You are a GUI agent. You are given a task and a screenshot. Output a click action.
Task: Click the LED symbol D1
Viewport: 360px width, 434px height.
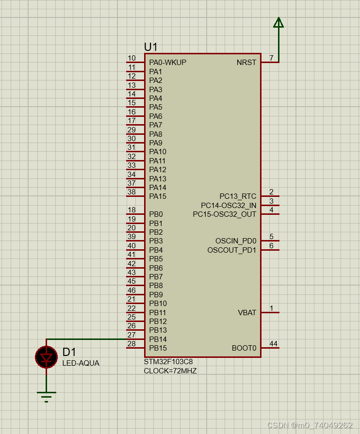(47, 357)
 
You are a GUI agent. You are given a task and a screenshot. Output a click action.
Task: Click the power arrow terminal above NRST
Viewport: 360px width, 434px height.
(278, 23)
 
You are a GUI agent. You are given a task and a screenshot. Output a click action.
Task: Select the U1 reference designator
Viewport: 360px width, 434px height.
(151, 47)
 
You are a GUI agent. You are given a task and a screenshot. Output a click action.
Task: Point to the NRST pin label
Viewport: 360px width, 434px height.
(246, 63)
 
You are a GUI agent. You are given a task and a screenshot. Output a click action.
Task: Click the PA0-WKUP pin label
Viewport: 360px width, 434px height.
(167, 63)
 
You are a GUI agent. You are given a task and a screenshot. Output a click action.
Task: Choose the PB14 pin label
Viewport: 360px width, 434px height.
(158, 339)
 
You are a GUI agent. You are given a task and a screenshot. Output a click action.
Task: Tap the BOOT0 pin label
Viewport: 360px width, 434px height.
(244, 348)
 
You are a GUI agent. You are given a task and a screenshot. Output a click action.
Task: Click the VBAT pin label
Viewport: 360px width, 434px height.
(247, 313)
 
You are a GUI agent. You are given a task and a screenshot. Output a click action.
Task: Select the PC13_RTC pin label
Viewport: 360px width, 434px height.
(238, 196)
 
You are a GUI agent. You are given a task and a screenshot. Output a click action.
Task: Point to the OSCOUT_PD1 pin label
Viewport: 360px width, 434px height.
(232, 250)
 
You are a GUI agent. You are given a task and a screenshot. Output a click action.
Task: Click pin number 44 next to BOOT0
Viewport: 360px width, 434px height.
(274, 344)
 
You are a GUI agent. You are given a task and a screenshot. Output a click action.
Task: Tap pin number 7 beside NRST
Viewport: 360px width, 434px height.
(272, 58)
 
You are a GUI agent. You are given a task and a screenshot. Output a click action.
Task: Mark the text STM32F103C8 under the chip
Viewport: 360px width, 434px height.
(168, 362)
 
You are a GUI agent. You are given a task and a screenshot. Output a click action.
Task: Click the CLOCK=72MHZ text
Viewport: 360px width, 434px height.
(170, 371)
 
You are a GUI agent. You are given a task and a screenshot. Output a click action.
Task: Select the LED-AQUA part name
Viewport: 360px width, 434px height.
(81, 363)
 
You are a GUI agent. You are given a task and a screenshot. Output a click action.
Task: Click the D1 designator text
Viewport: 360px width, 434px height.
(69, 353)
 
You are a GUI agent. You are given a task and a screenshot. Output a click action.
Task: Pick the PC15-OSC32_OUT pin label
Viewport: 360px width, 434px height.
(225, 214)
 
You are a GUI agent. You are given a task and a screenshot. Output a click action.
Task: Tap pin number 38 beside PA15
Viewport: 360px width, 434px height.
(131, 192)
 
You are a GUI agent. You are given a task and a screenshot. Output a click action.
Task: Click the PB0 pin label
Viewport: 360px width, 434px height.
(156, 214)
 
